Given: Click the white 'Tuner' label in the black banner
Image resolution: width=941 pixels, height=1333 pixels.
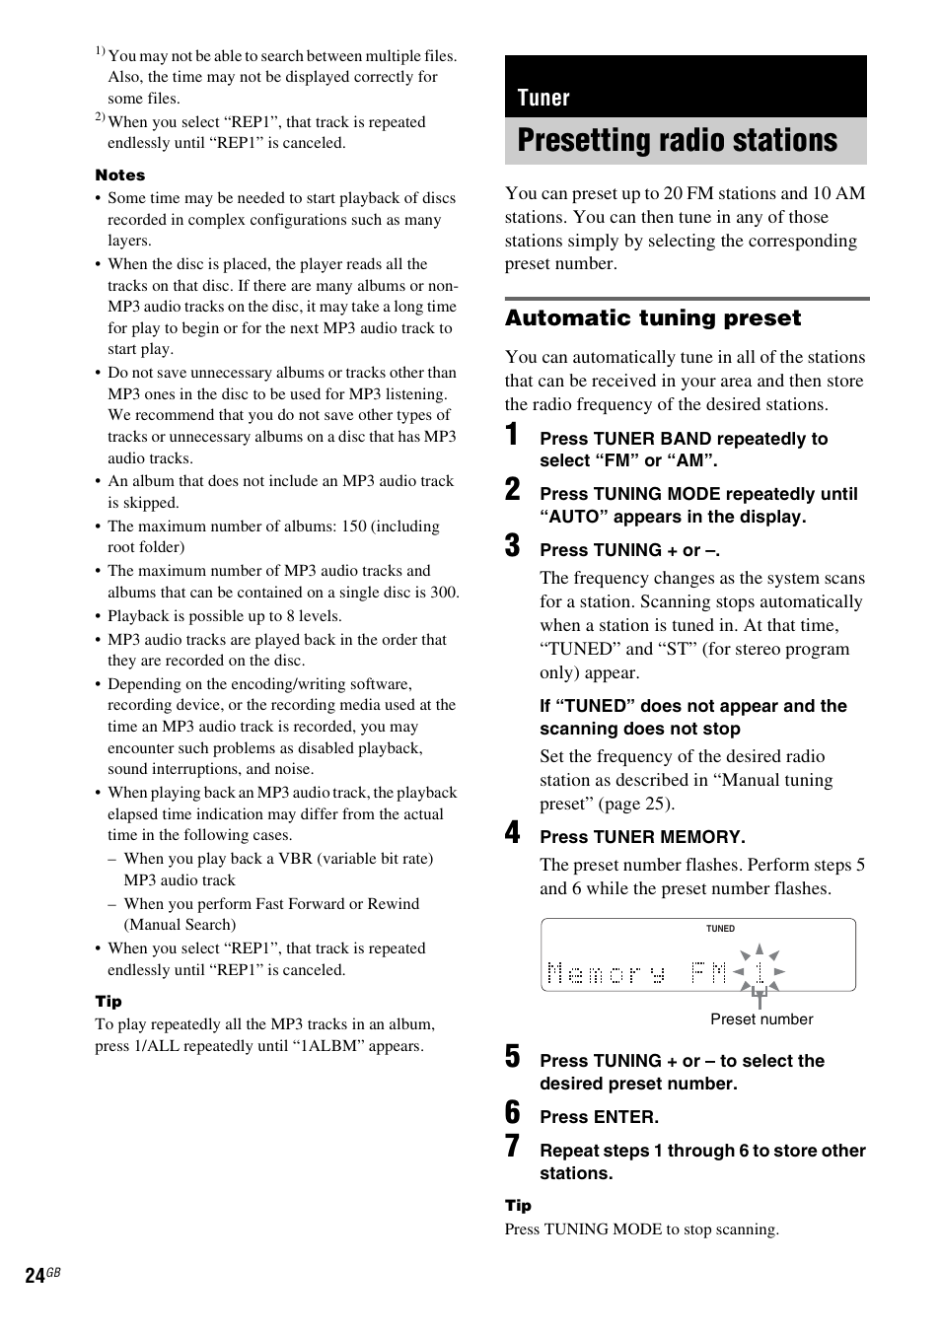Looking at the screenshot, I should [x=543, y=98].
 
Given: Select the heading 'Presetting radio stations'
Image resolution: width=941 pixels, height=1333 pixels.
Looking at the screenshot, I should [x=677, y=141].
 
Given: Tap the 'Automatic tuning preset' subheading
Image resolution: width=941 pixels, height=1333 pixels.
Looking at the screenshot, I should [x=653, y=318].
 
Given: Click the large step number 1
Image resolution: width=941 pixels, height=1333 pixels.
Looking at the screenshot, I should [x=512, y=435].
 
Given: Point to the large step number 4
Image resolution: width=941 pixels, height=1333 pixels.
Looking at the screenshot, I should [x=512, y=833].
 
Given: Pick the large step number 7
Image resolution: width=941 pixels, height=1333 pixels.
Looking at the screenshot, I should [x=512, y=1146].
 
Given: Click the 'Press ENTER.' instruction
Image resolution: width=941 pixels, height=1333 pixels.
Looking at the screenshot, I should [x=599, y=1117].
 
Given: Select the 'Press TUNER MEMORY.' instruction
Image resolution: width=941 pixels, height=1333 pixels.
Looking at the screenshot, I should [x=642, y=837].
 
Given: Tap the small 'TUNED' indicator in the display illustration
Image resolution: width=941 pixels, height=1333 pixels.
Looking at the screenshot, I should [x=720, y=929].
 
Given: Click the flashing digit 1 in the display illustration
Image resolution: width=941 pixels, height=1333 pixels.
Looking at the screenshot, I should [x=759, y=973].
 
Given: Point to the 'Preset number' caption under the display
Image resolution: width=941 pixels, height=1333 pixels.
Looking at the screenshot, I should [x=761, y=1019].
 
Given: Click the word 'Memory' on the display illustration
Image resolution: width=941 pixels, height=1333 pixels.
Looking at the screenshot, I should [x=606, y=975].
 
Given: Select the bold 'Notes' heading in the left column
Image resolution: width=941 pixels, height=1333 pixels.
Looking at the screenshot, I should [x=120, y=175].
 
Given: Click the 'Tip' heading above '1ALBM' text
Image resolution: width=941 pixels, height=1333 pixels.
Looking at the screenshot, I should [x=109, y=1002].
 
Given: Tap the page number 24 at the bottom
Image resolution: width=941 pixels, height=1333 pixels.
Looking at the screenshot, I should [x=36, y=1276].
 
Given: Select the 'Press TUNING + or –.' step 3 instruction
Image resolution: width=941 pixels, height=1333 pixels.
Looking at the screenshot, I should [x=629, y=550].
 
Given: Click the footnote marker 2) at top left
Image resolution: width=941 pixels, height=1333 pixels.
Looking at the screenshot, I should [x=100, y=117].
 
